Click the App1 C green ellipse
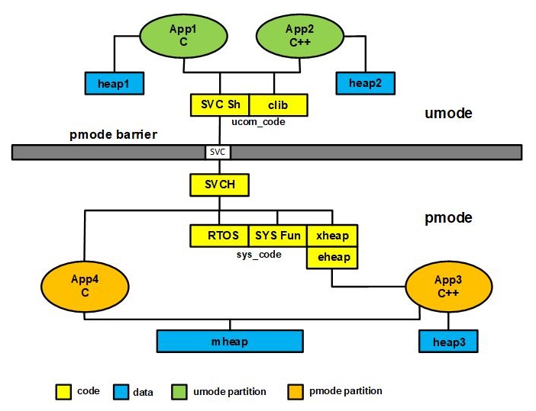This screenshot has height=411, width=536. pos(183,36)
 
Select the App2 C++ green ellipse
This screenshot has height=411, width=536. pos(300,36)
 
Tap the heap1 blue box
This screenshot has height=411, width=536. pos(115,83)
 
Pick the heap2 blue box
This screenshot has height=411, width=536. pos(366,83)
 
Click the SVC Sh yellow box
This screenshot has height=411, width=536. pos(220,105)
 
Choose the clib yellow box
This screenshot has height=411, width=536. pos(278,105)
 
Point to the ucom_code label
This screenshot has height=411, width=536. pos(258,122)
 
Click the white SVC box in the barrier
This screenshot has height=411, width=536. pos(218,152)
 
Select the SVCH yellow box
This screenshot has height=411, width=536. pos(219,185)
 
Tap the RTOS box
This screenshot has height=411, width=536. pos(219,236)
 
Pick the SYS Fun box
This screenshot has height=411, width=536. pos(278,236)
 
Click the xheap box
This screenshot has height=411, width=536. pos(332,236)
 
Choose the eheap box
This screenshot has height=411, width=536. pos(332,258)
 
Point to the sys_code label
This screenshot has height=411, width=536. pos(259,255)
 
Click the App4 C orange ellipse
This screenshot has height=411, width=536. pos(85,287)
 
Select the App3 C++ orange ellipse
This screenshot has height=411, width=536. pos(448,287)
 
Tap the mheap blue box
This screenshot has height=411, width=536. pos(230,341)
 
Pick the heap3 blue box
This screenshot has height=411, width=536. pos(448,341)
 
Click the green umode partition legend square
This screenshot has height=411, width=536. pos(179,392)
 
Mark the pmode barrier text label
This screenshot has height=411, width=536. pos(113,134)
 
